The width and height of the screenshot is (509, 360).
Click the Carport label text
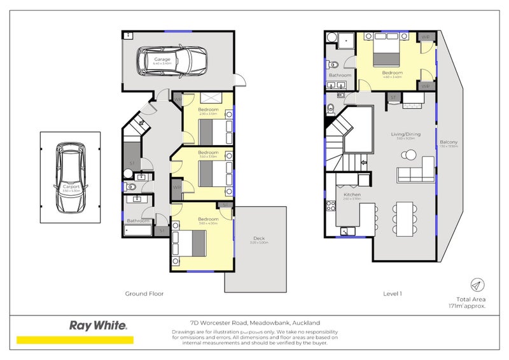click(69, 187)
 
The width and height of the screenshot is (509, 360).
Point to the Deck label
click(259, 238)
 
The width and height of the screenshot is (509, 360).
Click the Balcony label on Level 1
click(449, 142)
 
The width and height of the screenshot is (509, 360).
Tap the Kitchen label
click(352, 194)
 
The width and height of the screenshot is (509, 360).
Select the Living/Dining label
click(405, 134)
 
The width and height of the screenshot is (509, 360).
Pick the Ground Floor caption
click(144, 294)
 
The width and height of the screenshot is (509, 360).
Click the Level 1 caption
click(392, 294)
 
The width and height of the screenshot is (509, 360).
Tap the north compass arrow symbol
click(476, 285)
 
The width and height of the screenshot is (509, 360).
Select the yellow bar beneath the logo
click(75, 340)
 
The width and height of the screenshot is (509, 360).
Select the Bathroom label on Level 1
click(340, 75)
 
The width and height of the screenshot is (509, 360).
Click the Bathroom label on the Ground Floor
click(137, 221)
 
